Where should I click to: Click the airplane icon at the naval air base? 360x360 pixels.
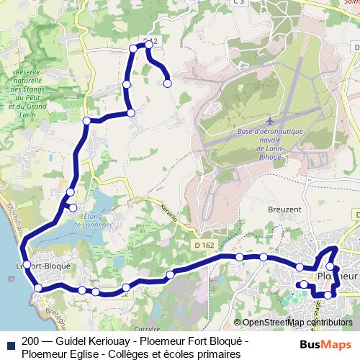[269, 120]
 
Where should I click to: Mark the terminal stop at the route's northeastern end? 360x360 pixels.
[168, 84]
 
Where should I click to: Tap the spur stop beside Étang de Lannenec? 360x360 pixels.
[73, 208]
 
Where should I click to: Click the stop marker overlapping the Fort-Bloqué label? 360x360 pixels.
[27, 265]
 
